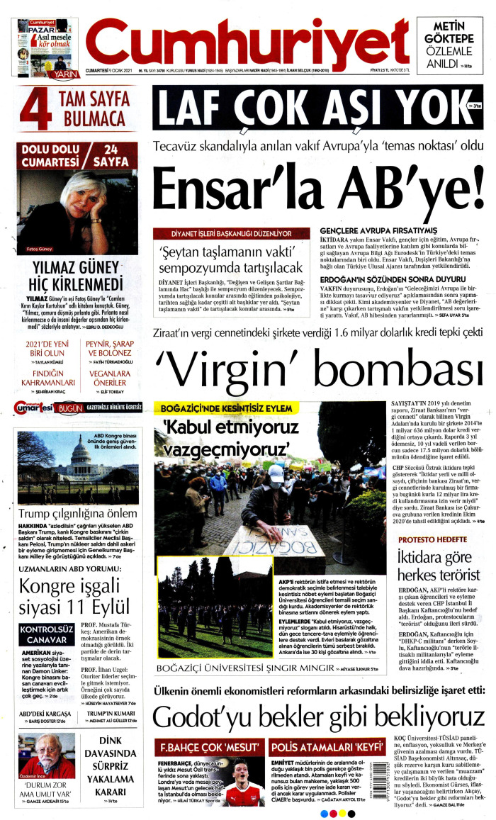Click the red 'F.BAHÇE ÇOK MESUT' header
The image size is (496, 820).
[209, 746]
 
